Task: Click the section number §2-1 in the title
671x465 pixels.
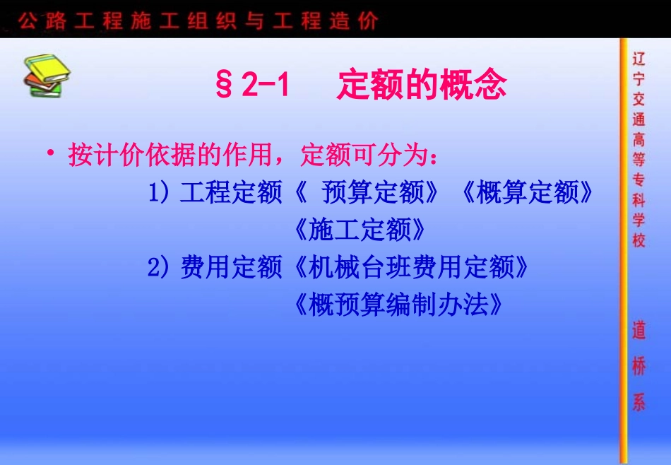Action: (253, 86)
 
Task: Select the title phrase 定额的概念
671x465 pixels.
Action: (422, 86)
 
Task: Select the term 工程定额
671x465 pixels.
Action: (231, 192)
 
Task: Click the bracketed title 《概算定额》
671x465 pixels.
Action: (526, 192)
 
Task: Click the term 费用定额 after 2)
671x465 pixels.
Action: (231, 268)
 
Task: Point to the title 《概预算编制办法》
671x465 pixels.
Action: (399, 305)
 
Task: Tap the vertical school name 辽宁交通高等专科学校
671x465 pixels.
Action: (639, 149)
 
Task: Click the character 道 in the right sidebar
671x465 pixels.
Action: (639, 330)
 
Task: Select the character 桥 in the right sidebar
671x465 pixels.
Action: (639, 366)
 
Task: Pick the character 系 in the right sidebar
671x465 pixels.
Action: (639, 402)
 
